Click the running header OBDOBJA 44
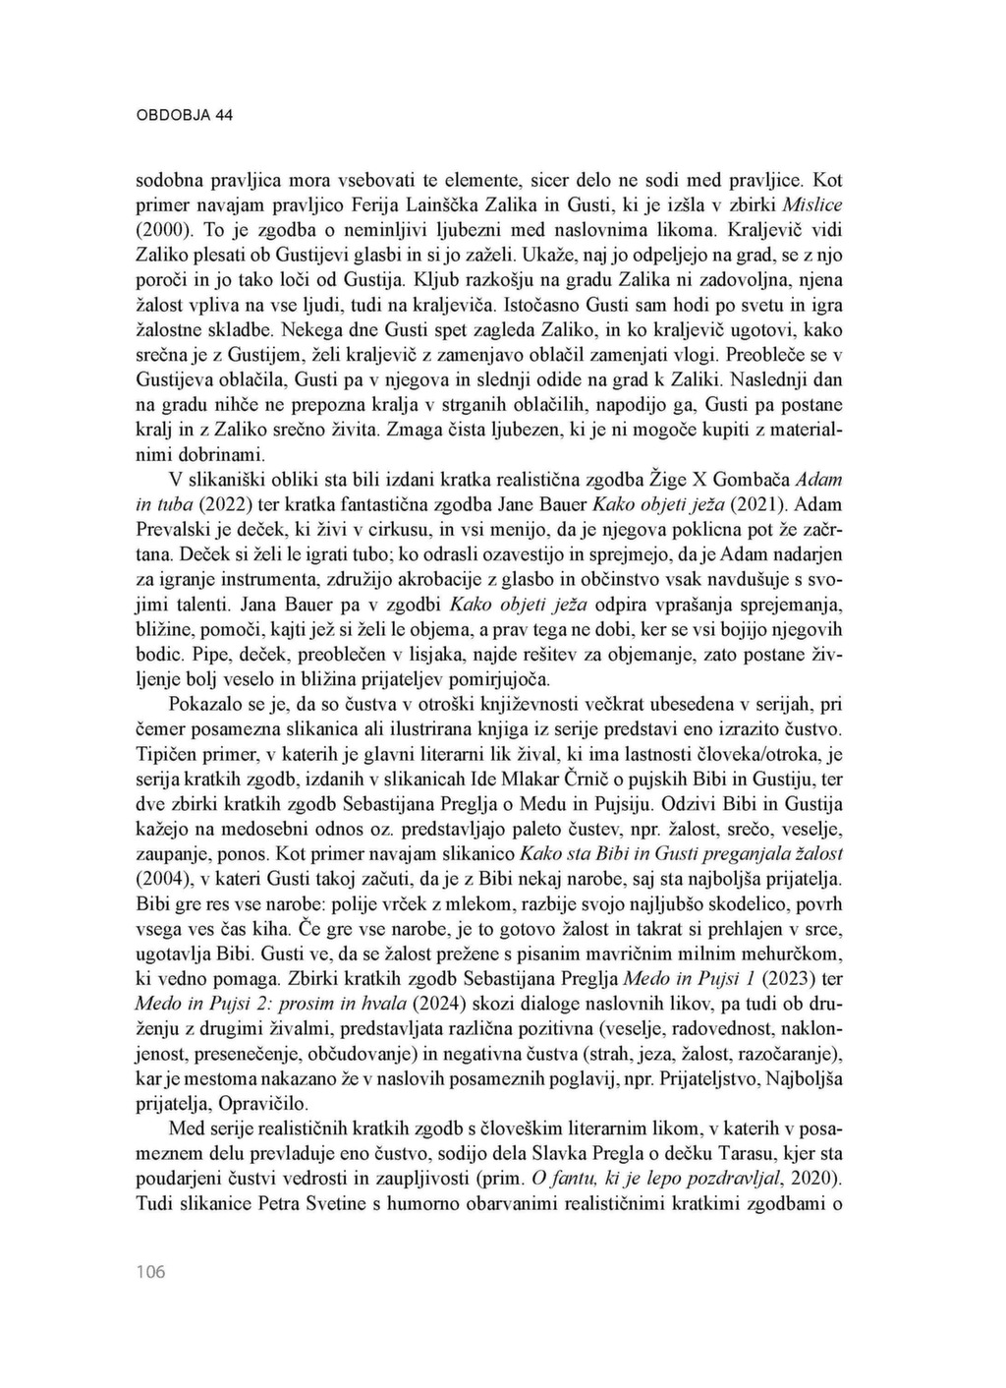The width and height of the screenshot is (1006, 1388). [x=184, y=115]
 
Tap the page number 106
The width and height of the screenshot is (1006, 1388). [x=150, y=1273]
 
